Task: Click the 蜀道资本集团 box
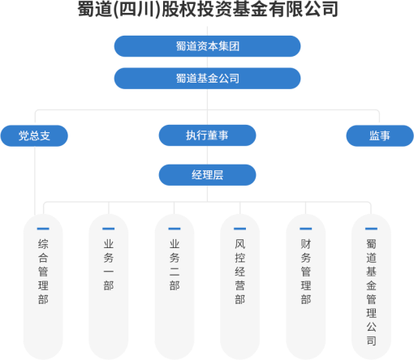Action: click(207, 46)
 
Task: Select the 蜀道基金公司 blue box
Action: click(207, 79)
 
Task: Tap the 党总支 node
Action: click(34, 135)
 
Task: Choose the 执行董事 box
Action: click(207, 135)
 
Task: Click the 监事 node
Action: click(380, 135)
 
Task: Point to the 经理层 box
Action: click(207, 175)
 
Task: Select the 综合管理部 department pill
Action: click(43, 287)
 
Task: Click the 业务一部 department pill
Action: click(109, 287)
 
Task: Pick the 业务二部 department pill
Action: click(175, 287)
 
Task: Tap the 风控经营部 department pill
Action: click(240, 287)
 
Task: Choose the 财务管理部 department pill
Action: click(306, 287)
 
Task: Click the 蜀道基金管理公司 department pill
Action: click(371, 287)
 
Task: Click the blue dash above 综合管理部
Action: click(43, 229)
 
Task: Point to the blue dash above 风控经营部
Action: click(240, 229)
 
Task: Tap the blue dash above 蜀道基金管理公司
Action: click(371, 229)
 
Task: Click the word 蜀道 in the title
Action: click(95, 9)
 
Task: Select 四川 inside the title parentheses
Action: click(136, 9)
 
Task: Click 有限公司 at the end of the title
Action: click(304, 9)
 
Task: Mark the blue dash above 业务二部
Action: click(175, 229)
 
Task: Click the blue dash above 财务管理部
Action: click(306, 229)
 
